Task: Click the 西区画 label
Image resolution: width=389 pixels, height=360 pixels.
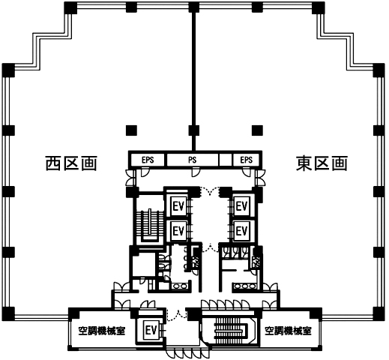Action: [x=71, y=163]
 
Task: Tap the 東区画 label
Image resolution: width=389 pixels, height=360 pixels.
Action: [x=322, y=163]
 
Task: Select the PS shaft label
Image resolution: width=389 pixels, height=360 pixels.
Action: [x=193, y=160]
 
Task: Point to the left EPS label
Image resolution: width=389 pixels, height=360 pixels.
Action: [x=148, y=160]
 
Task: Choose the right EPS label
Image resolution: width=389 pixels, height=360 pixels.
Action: [x=247, y=160]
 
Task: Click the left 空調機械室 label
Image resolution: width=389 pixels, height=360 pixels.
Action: [x=102, y=331]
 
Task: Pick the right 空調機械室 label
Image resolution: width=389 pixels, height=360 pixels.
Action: [x=288, y=331]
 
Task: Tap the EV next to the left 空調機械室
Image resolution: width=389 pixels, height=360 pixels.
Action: [x=151, y=331]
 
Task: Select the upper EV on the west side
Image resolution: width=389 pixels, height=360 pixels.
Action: [x=178, y=206]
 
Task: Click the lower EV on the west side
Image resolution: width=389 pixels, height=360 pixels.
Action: [x=178, y=231]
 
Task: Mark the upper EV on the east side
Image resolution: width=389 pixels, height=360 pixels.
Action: [x=241, y=206]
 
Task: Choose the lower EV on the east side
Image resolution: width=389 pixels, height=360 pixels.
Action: [x=241, y=231]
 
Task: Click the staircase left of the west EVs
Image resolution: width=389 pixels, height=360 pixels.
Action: [x=150, y=224]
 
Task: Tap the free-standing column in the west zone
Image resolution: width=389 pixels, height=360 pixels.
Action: [x=131, y=130]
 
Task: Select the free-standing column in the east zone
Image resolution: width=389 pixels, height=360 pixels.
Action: [x=257, y=130]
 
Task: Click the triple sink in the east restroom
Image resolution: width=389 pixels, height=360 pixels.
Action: [x=245, y=286]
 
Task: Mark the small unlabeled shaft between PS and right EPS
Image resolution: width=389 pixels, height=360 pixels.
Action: [x=226, y=160]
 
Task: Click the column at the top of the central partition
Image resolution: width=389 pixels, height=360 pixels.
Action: [x=194, y=7]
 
